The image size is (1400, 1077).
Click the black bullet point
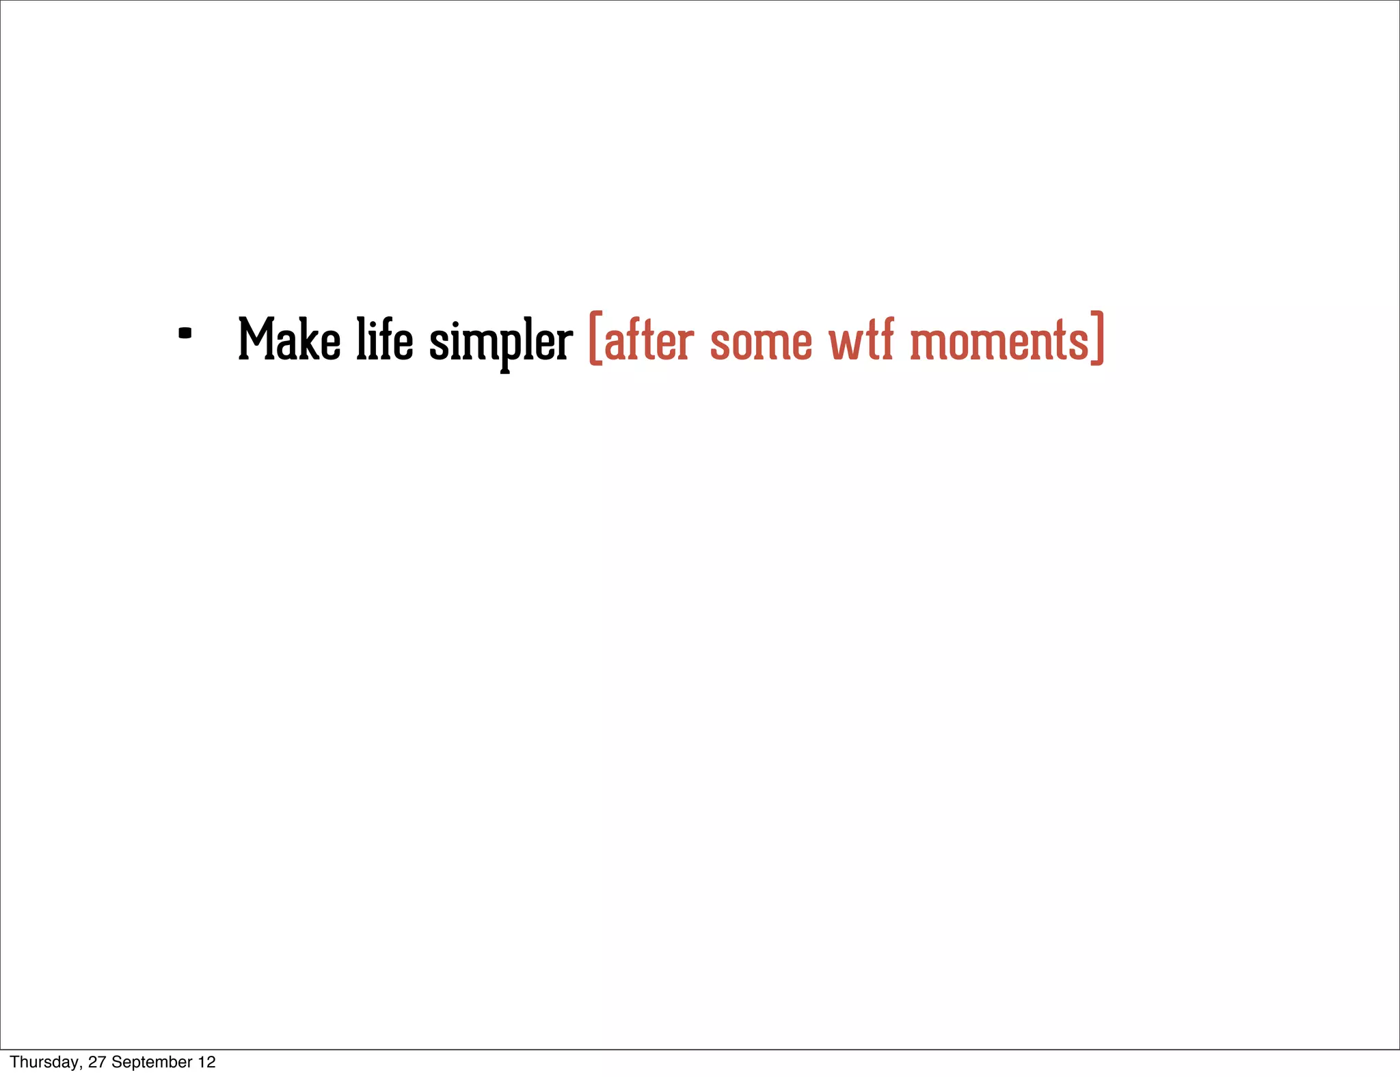(x=185, y=333)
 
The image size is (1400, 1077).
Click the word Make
(x=289, y=340)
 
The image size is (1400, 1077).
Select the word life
(x=385, y=340)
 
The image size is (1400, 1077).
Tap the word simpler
(x=500, y=342)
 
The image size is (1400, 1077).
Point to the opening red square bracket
(x=595, y=338)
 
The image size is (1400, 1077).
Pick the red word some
(x=761, y=342)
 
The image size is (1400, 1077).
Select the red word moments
(x=999, y=341)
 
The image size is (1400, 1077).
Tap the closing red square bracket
(x=1097, y=338)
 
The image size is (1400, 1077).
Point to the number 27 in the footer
(x=97, y=1062)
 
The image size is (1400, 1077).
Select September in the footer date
(x=152, y=1062)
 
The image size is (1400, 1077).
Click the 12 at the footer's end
(x=207, y=1062)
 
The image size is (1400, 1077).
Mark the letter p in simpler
(x=504, y=345)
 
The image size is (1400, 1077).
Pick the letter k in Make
(x=311, y=339)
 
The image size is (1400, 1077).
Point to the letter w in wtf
(x=846, y=343)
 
